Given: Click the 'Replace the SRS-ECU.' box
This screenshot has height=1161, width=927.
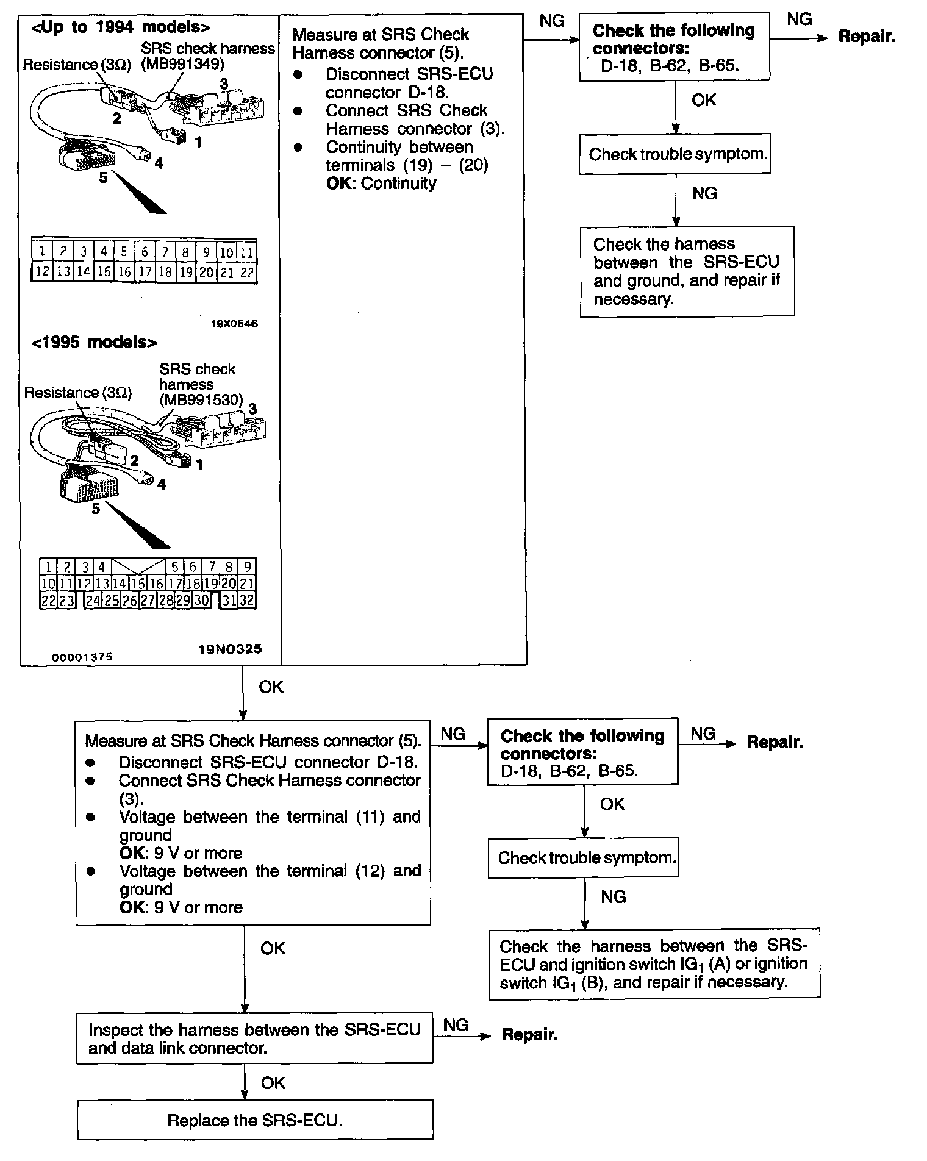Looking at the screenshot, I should [255, 1120].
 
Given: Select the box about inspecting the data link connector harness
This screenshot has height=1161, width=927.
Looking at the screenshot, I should [254, 1038].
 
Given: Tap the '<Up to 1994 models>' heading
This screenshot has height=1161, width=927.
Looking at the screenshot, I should [121, 27].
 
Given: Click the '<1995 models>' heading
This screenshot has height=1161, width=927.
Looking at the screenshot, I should [94, 342].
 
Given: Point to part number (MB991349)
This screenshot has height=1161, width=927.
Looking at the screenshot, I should [182, 64].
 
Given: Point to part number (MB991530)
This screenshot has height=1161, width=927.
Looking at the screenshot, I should [201, 400].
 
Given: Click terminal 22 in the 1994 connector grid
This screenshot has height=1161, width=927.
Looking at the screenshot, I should [247, 273].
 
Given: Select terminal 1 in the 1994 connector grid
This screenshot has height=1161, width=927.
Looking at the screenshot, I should [42, 251].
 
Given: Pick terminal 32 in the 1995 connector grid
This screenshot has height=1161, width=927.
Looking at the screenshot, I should [246, 601].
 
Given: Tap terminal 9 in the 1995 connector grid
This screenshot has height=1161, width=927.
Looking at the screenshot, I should [247, 566].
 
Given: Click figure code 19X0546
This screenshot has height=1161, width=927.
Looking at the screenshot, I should [234, 324].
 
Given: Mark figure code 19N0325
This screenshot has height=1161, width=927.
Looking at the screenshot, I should [229, 649].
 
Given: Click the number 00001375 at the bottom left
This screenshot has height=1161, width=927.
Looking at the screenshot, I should [82, 657].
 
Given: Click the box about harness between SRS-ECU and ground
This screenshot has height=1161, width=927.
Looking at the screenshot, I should [687, 271].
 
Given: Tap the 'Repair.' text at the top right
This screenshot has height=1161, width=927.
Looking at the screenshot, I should [866, 37].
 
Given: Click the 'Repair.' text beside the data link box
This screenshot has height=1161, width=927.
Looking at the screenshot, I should [529, 1034].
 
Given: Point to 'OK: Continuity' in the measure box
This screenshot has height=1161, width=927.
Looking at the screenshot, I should [381, 184].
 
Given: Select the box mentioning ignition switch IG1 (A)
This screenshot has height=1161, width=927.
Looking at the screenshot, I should [654, 963].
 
